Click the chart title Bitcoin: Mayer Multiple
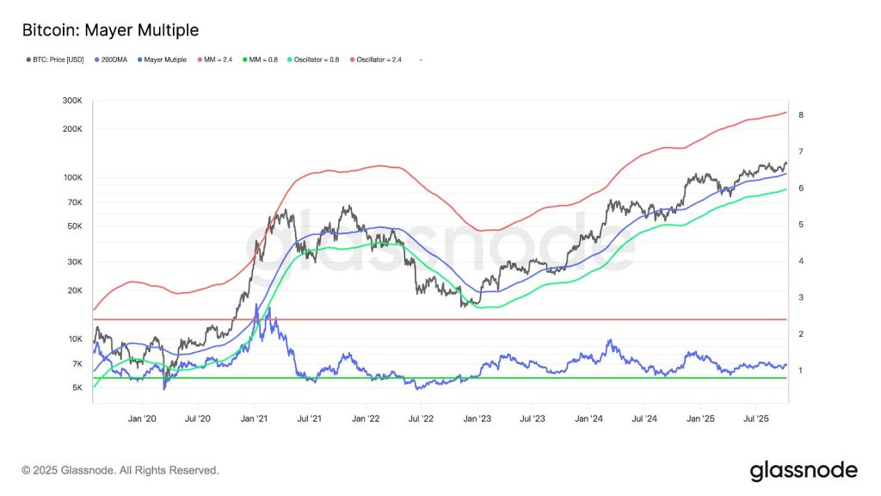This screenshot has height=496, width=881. [109, 30]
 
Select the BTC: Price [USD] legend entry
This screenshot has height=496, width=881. [57, 59]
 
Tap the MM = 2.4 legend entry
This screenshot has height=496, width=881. [215, 59]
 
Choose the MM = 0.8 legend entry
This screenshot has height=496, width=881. [262, 59]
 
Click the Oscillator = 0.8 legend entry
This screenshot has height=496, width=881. [317, 59]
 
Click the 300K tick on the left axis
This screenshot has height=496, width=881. [72, 102]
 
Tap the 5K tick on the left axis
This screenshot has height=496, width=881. [77, 387]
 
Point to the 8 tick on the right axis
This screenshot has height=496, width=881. [800, 115]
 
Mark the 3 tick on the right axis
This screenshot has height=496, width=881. [800, 297]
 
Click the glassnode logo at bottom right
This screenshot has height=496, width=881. [803, 470]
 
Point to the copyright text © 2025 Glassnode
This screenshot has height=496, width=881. [120, 470]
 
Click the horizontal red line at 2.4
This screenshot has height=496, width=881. [516, 319]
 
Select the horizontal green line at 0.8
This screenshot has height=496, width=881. [516, 378]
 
